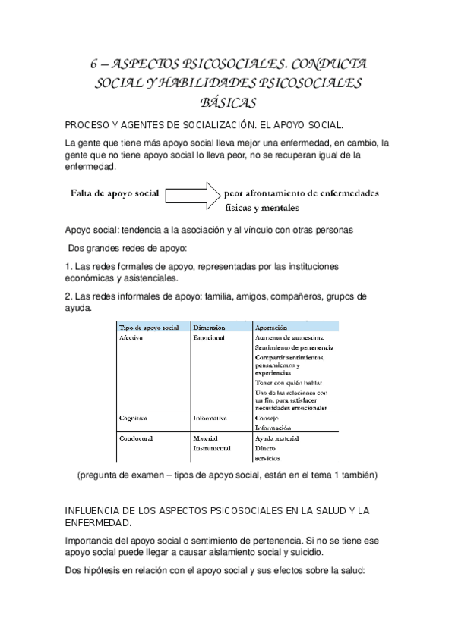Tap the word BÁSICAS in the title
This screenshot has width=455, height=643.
[x=227, y=102]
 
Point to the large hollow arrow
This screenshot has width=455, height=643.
[x=192, y=193]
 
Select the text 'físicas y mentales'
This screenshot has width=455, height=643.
[x=262, y=207]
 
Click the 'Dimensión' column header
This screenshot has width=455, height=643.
[x=210, y=327]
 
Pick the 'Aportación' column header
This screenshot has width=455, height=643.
[x=271, y=327]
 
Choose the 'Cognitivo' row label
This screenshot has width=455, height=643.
[x=134, y=418]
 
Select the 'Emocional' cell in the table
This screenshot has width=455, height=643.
[x=209, y=337]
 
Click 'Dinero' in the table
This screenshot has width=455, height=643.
[x=267, y=448]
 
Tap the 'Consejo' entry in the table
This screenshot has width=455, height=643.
[x=268, y=418]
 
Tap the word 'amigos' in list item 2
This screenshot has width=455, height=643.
[x=232, y=296]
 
